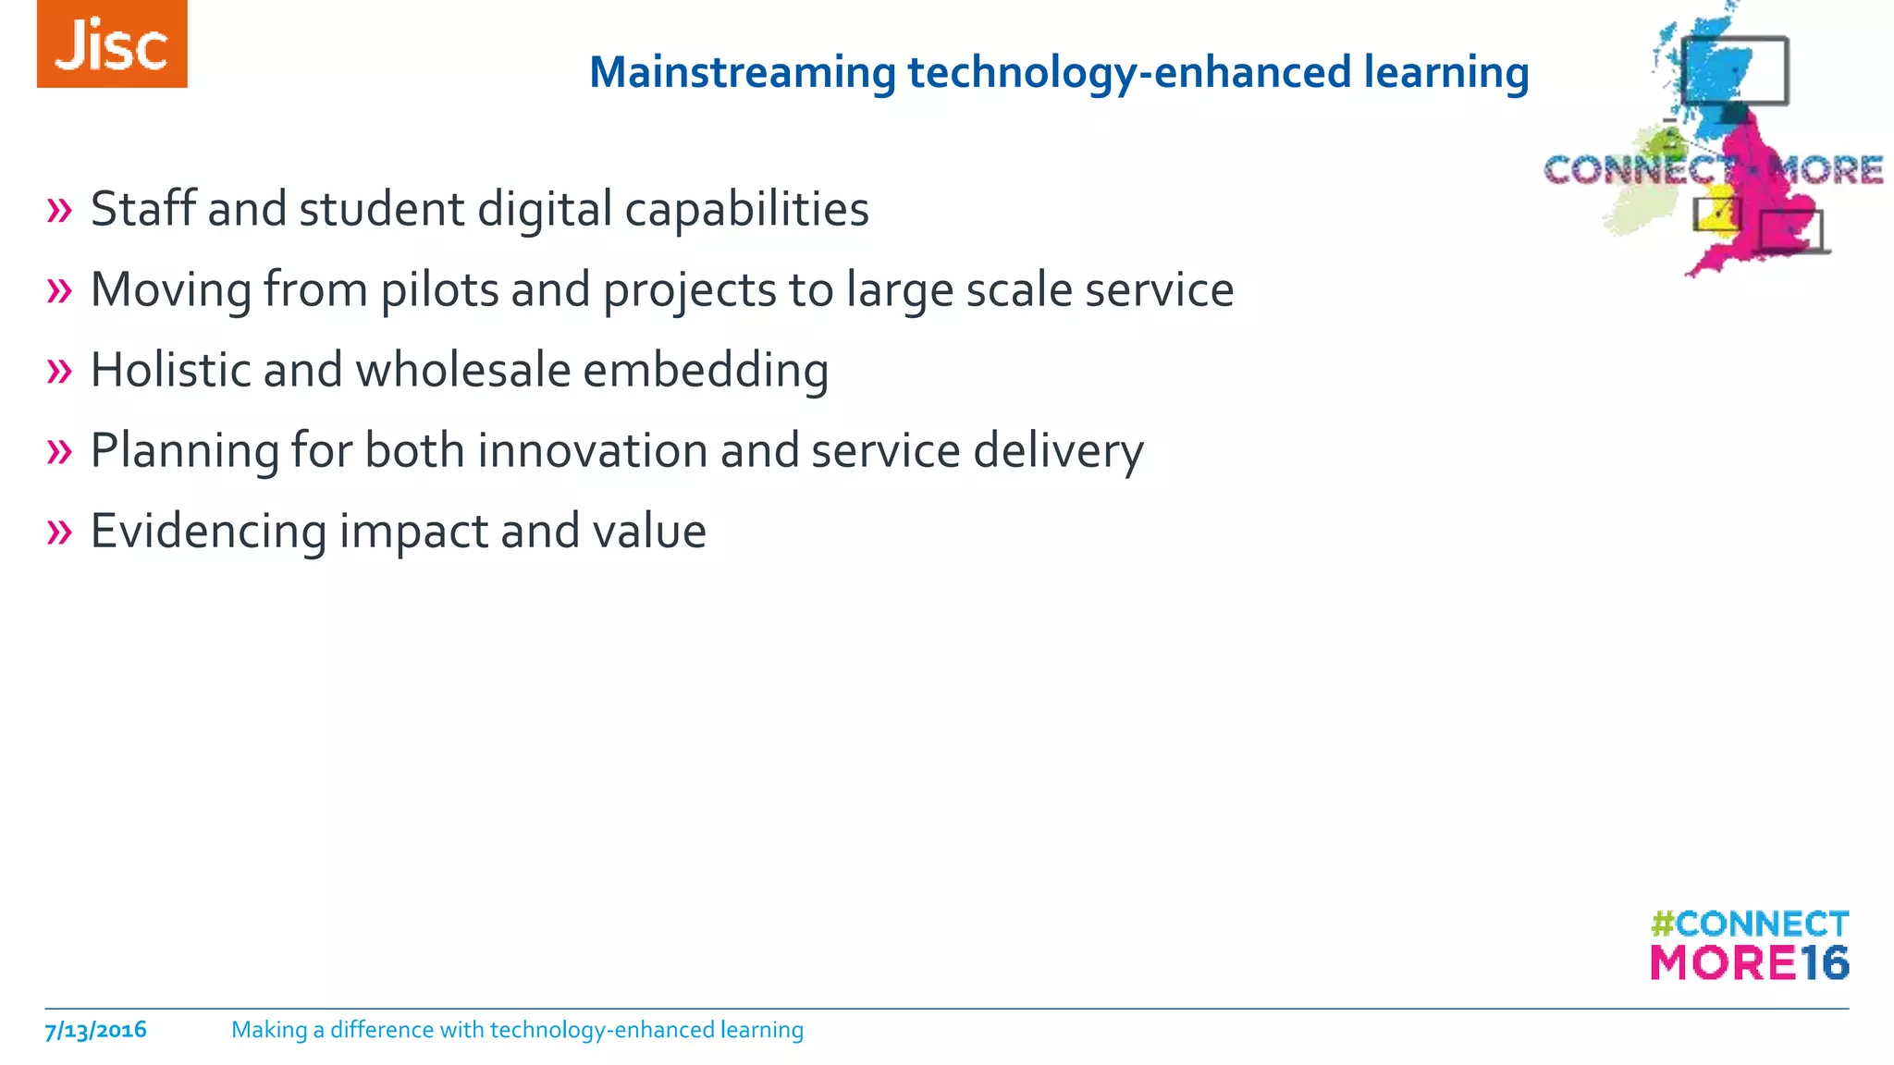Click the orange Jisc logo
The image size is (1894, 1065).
[112, 44]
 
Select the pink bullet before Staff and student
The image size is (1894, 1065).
[59, 210]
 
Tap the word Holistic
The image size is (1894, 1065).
[170, 370]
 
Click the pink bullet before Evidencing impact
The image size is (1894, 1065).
[59, 532]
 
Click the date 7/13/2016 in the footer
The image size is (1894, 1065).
[95, 1030]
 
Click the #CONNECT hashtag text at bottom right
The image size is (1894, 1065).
[1749, 924]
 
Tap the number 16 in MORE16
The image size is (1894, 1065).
[1824, 963]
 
